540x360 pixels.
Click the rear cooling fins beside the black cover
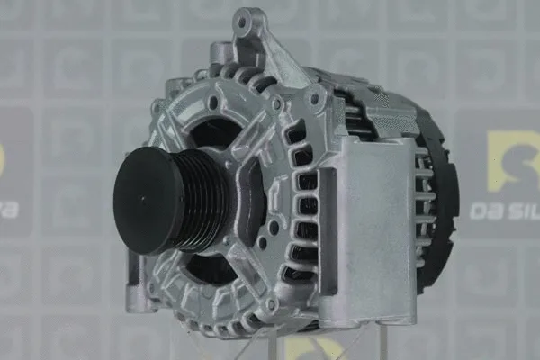pos(423,193)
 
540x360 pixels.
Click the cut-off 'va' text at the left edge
pos(9,211)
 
